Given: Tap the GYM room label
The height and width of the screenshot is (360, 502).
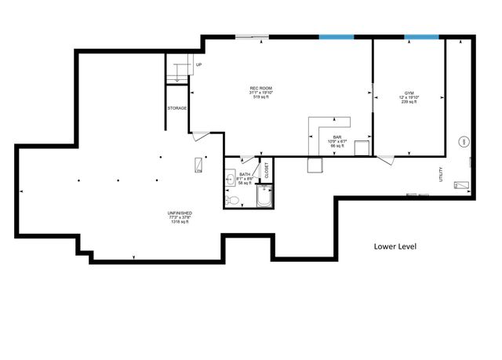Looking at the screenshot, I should pos(409,93).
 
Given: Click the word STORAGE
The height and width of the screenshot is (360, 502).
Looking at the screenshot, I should pos(176,107).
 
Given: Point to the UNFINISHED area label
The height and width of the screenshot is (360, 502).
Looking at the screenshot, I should pos(180,213).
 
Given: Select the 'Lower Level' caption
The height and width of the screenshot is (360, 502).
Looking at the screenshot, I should pos(395,246).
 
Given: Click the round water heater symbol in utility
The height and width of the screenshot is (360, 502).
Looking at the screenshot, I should pos(464,141).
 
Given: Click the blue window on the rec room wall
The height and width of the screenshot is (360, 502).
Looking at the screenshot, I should pos(336,36).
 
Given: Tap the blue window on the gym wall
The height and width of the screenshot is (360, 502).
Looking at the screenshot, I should pos(421,36).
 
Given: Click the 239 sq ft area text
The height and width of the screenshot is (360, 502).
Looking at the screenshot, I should pos(409,103).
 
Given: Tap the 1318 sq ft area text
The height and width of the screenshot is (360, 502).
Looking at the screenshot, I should pos(180,223).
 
